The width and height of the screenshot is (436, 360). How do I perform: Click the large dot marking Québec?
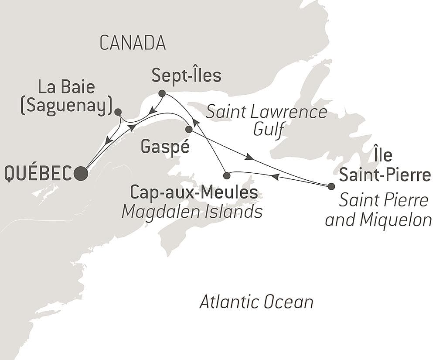tap(81, 173)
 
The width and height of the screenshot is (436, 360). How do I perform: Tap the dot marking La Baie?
tap(118, 112)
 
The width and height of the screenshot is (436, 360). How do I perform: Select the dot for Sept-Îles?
tap(162, 93)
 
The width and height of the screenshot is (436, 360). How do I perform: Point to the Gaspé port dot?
tap(189, 129)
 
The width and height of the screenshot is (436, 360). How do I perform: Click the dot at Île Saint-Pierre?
tap(331, 186)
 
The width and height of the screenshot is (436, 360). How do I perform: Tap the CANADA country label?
tap(133, 43)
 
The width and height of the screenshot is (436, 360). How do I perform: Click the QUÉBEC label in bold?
tap(38, 174)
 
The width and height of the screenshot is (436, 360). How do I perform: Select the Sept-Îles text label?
tap(186, 75)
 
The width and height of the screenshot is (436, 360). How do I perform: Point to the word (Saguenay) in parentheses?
tap(65, 106)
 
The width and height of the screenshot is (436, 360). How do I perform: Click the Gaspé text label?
tap(165, 147)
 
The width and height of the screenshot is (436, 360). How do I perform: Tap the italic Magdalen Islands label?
tap(192, 212)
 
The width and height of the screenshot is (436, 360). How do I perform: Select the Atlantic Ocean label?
tap(256, 302)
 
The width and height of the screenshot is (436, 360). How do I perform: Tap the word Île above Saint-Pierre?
tap(382, 155)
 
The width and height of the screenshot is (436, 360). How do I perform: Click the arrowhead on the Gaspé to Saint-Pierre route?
tap(249, 157)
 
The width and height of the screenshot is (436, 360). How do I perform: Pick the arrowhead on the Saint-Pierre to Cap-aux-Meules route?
tap(275, 177)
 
